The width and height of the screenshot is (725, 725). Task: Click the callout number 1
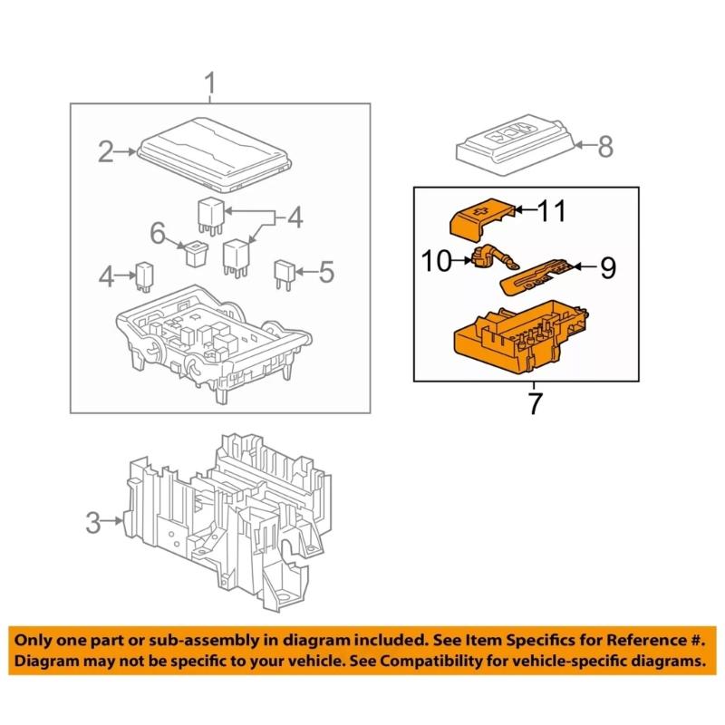pos(210,87)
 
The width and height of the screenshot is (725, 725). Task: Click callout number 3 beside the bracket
pos(92,522)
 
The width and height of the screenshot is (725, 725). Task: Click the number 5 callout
pos(328,270)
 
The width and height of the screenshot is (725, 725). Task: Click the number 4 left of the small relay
pos(107,275)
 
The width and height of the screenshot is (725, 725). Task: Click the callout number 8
pos(605,145)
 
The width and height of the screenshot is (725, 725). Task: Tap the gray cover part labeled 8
pos(514,145)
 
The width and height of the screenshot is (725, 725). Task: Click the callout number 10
pos(437,262)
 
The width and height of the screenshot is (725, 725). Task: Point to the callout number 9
pos(607,266)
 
